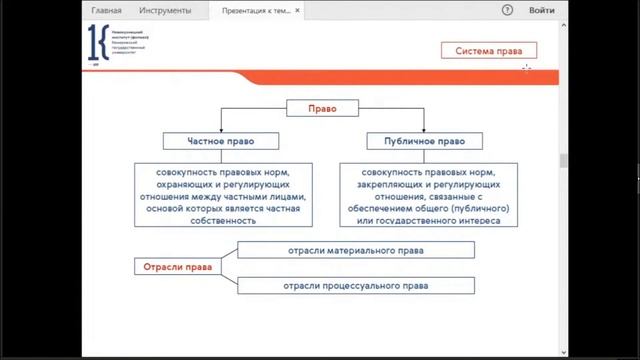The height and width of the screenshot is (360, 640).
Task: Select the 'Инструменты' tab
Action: (x=167, y=10)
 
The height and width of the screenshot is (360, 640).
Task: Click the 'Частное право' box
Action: (x=224, y=141)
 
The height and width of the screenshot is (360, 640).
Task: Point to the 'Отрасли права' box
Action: (x=176, y=267)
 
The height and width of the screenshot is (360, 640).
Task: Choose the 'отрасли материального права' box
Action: (x=356, y=250)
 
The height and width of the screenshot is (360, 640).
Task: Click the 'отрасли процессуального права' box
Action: (x=356, y=286)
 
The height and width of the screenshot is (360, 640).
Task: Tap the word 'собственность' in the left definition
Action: (x=223, y=221)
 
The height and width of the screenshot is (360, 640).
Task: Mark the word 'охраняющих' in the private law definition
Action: (x=187, y=185)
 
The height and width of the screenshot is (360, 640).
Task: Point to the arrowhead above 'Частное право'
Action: (x=224, y=127)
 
